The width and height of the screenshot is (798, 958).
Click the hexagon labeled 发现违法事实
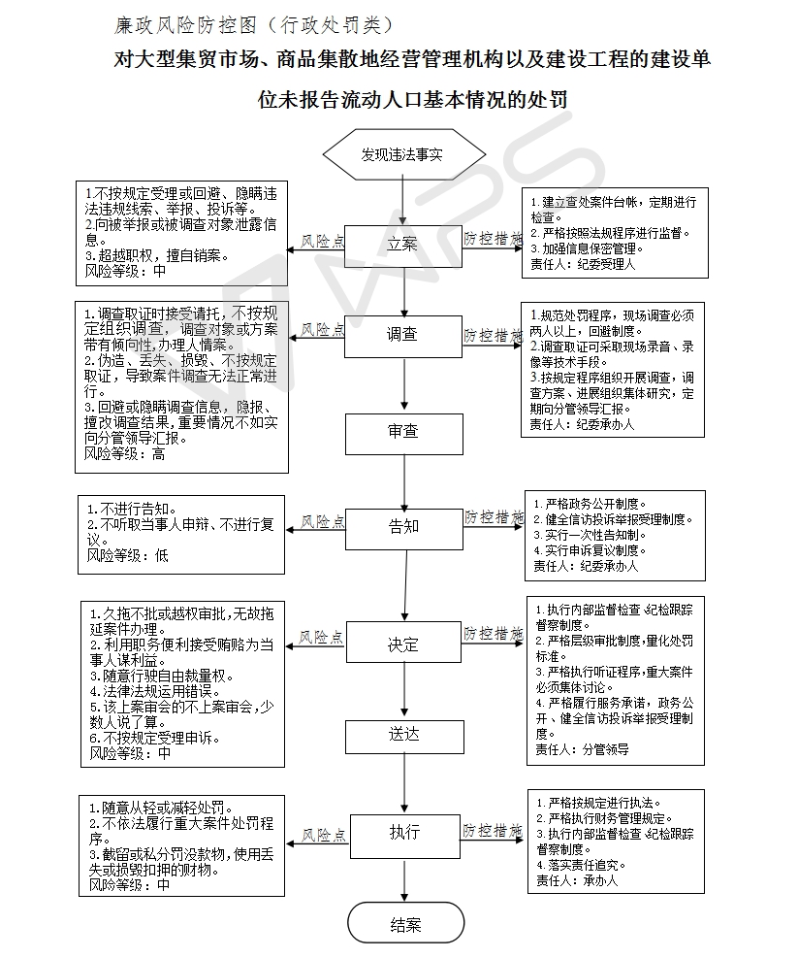click(402, 154)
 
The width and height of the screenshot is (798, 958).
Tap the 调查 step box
click(402, 335)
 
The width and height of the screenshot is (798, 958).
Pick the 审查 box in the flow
click(402, 431)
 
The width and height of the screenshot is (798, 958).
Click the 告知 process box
click(403, 526)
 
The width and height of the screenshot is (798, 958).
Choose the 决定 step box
click(403, 644)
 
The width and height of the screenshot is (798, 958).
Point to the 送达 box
click(403, 735)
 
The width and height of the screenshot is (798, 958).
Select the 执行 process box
click(404, 833)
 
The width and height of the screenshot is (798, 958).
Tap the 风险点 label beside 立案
click(322, 240)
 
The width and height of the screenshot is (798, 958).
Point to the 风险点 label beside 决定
click(321, 638)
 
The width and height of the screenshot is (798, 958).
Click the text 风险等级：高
click(125, 453)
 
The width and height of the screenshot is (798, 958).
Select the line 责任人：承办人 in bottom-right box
click(576, 880)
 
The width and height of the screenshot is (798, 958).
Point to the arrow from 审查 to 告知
click(403, 479)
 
